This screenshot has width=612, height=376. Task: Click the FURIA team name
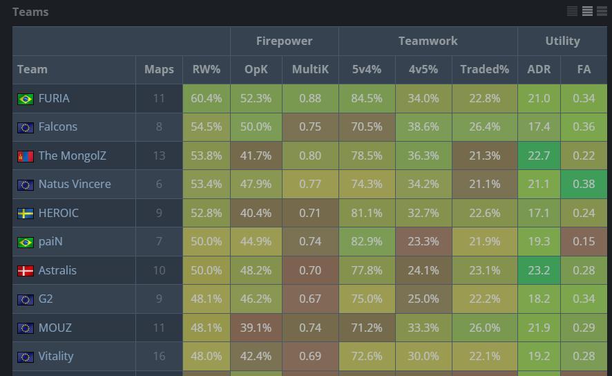(54, 98)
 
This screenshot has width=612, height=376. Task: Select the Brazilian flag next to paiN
(26, 242)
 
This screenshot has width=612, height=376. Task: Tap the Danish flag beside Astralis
(26, 271)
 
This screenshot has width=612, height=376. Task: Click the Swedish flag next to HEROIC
(26, 214)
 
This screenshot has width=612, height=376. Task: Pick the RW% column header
(206, 69)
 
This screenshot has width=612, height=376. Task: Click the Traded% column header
(484, 69)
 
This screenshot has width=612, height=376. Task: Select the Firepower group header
(284, 41)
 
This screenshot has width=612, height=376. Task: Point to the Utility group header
(562, 41)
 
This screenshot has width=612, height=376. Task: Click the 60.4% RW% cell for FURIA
(206, 98)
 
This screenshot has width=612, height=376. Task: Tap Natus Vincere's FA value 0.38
(584, 185)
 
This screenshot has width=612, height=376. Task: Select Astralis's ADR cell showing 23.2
(539, 271)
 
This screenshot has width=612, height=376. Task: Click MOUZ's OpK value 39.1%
(256, 328)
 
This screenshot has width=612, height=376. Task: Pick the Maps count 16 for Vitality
(159, 357)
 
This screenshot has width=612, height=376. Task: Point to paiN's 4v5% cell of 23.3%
(423, 242)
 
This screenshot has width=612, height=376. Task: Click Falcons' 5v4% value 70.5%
(367, 127)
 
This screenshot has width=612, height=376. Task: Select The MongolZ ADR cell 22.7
(539, 156)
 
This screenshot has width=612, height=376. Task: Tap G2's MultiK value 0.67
(310, 299)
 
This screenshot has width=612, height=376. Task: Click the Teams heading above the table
(30, 12)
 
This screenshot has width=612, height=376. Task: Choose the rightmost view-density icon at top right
(602, 11)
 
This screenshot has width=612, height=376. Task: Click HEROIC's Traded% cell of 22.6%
(484, 214)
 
